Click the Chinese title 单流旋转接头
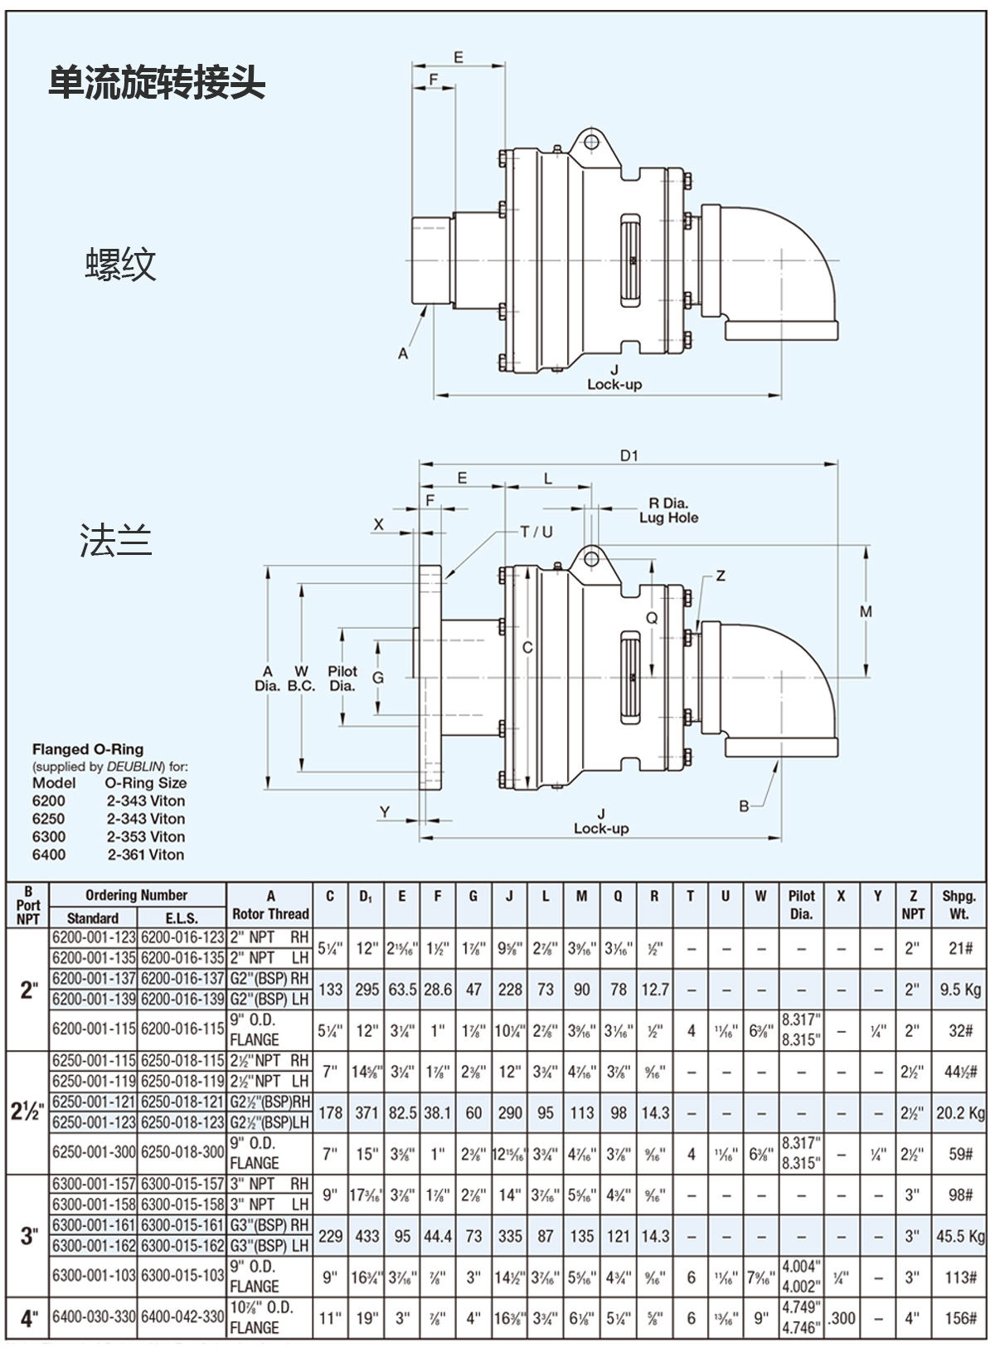[x=157, y=84]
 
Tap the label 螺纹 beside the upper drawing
[x=120, y=265]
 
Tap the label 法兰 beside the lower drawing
[x=115, y=540]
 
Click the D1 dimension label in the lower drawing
[x=629, y=456]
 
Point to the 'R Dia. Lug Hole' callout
[x=668, y=510]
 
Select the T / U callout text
[x=536, y=532]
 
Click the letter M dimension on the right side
[x=866, y=612]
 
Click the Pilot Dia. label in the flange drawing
[x=342, y=678]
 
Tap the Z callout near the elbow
[x=721, y=576]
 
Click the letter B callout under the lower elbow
[x=744, y=805]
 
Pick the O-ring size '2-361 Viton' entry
[x=146, y=854]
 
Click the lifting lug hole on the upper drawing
[x=590, y=142]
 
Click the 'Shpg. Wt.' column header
[x=959, y=904]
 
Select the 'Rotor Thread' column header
[x=270, y=913]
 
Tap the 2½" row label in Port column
[x=27, y=1111]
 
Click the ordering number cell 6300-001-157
[x=93, y=1184]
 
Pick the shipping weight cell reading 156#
[x=960, y=1317]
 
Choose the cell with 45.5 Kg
[x=960, y=1236]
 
